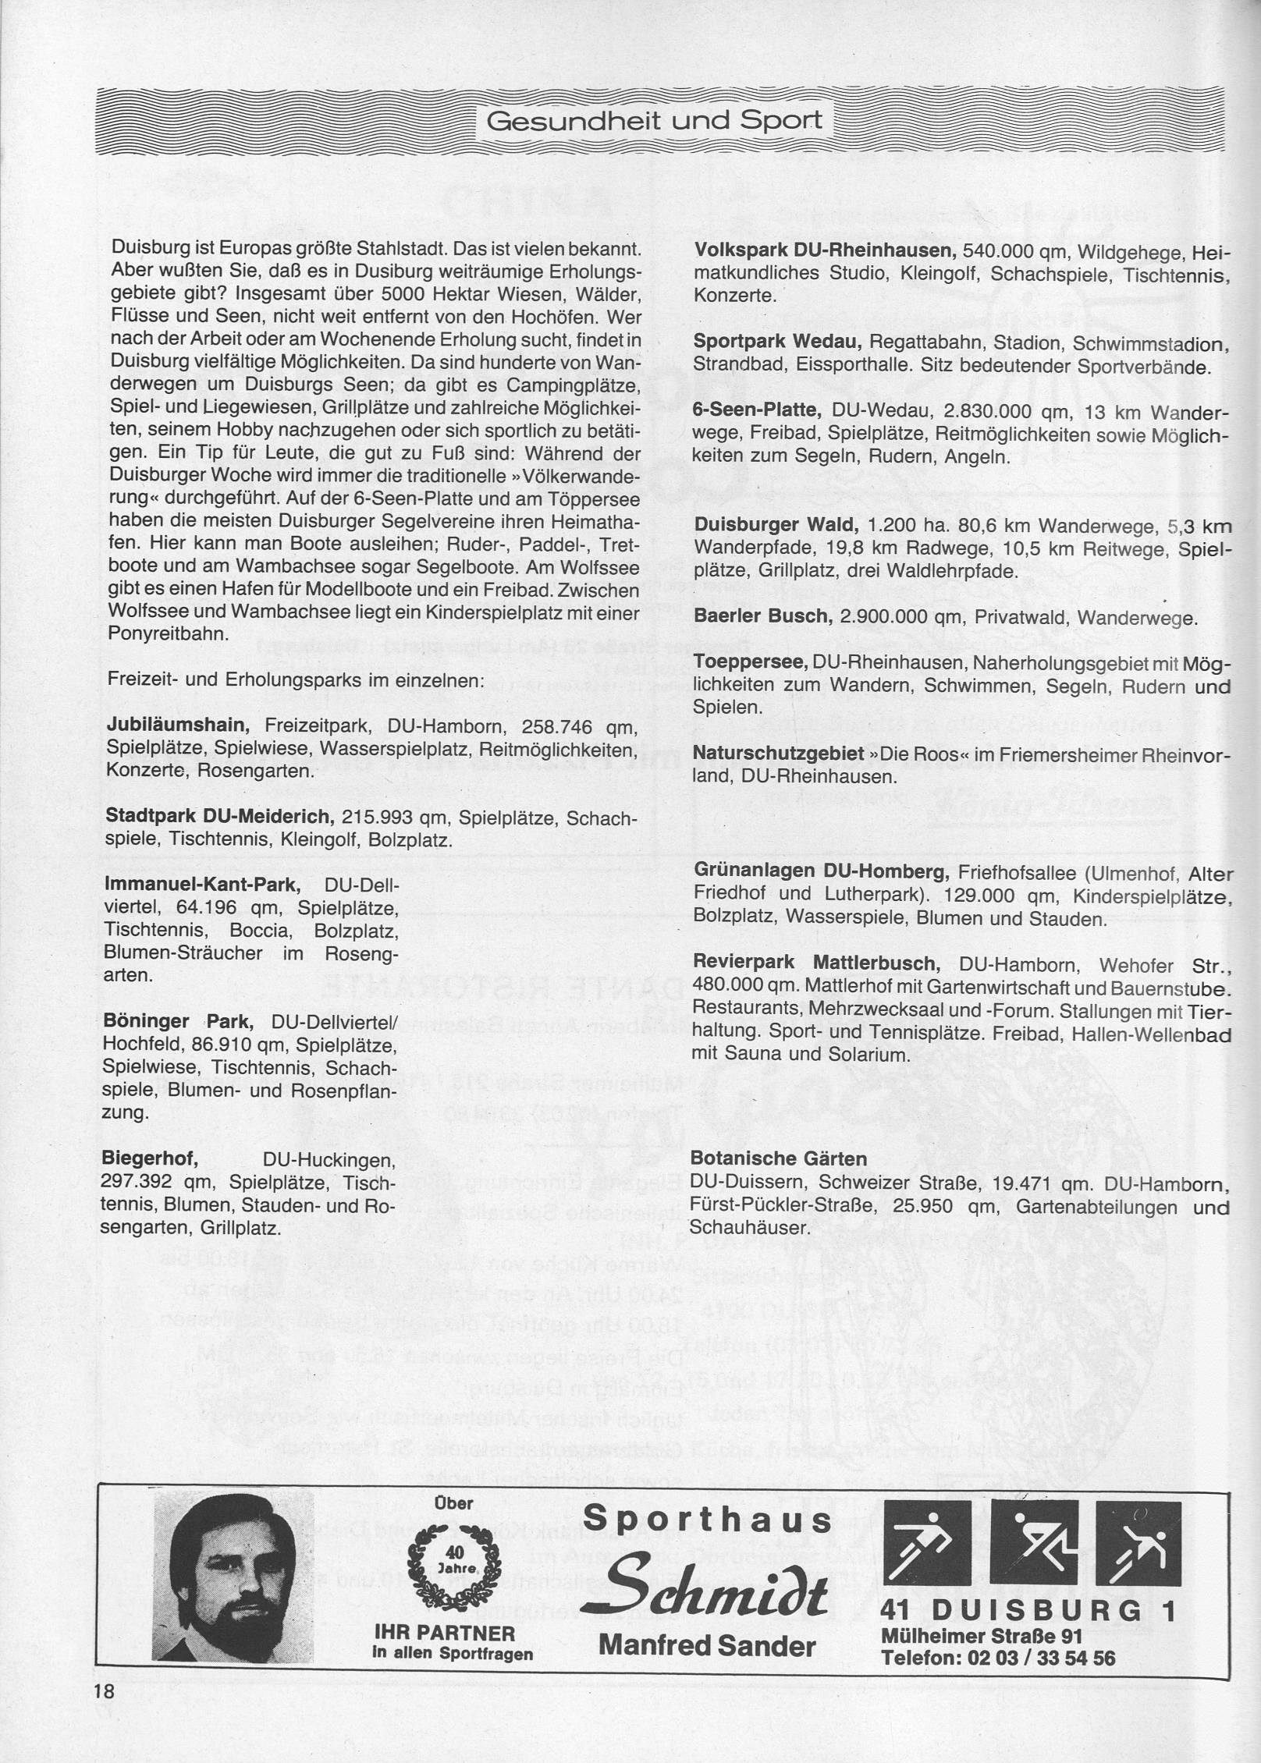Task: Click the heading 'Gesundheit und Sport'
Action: pos(654,121)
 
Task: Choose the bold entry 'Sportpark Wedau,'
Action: pos(776,342)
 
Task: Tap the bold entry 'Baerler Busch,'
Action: pos(762,617)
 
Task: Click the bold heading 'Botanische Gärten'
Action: pos(769,1157)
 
